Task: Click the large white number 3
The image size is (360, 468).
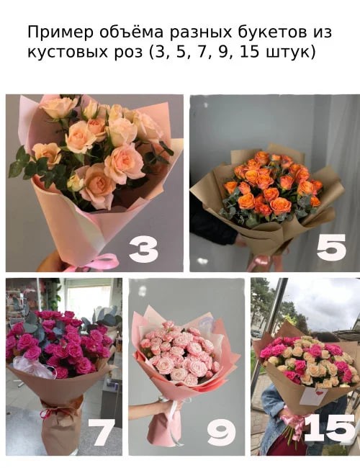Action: [143, 250]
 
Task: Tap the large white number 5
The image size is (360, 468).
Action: [330, 247]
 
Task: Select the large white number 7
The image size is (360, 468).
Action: [101, 432]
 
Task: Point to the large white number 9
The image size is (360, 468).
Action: [221, 432]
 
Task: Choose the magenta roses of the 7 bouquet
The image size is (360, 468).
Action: [58, 342]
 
